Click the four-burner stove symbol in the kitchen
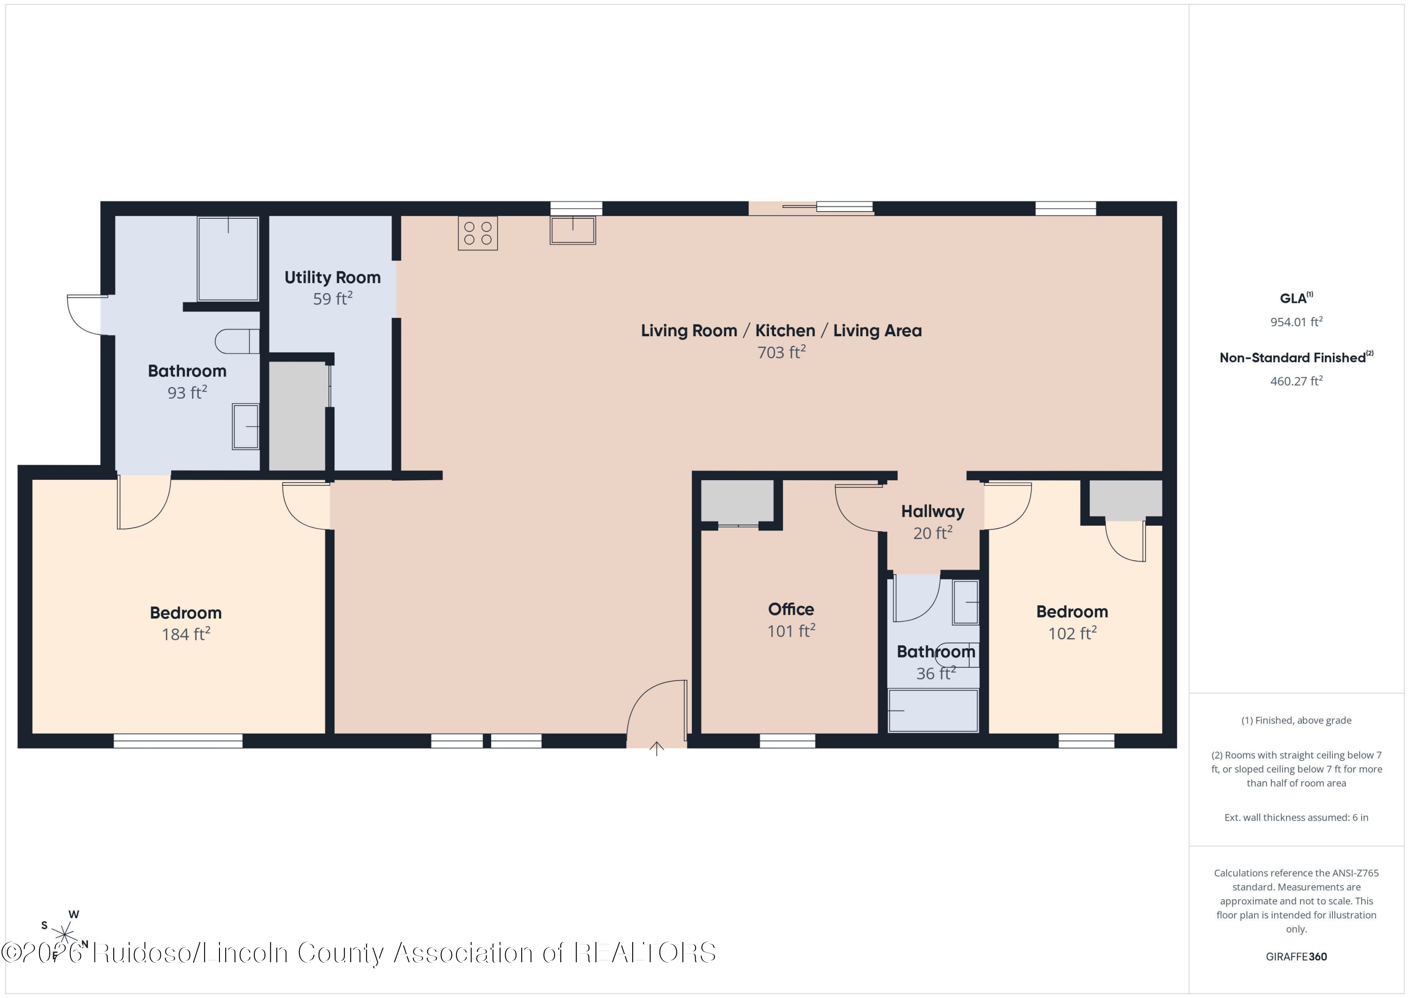tap(478, 233)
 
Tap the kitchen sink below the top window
tap(573, 230)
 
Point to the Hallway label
tap(932, 511)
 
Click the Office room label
tap(791, 609)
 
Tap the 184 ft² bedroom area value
tap(186, 634)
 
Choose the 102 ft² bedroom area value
tap(1072, 633)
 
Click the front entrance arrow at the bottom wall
tap(657, 749)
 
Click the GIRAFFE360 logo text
tap(1296, 957)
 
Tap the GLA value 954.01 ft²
tap(1296, 321)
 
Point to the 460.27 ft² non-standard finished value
tap(1296, 381)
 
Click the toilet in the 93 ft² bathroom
tap(237, 341)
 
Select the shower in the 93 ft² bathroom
tap(228, 259)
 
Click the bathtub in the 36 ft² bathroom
tap(933, 710)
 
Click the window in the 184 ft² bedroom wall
tap(178, 741)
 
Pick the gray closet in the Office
tap(737, 501)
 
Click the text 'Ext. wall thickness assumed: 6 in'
tap(1296, 817)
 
